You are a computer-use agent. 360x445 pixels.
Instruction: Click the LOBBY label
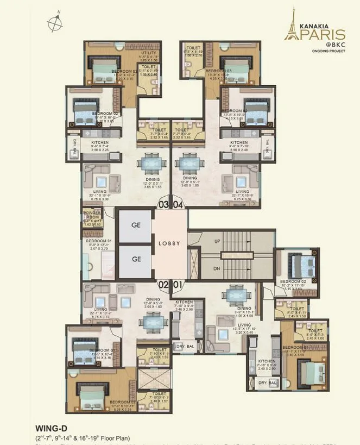click(x=169, y=244)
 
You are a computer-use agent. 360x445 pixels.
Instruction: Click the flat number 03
click(x=163, y=205)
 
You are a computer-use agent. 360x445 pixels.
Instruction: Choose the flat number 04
click(x=178, y=205)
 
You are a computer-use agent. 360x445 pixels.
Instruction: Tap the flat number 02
click(x=163, y=284)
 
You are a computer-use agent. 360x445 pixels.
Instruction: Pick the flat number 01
click(x=178, y=284)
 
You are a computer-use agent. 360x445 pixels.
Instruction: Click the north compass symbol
click(x=54, y=22)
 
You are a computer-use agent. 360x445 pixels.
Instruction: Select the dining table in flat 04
click(x=190, y=163)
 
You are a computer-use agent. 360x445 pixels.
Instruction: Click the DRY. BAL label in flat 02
click(x=182, y=346)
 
